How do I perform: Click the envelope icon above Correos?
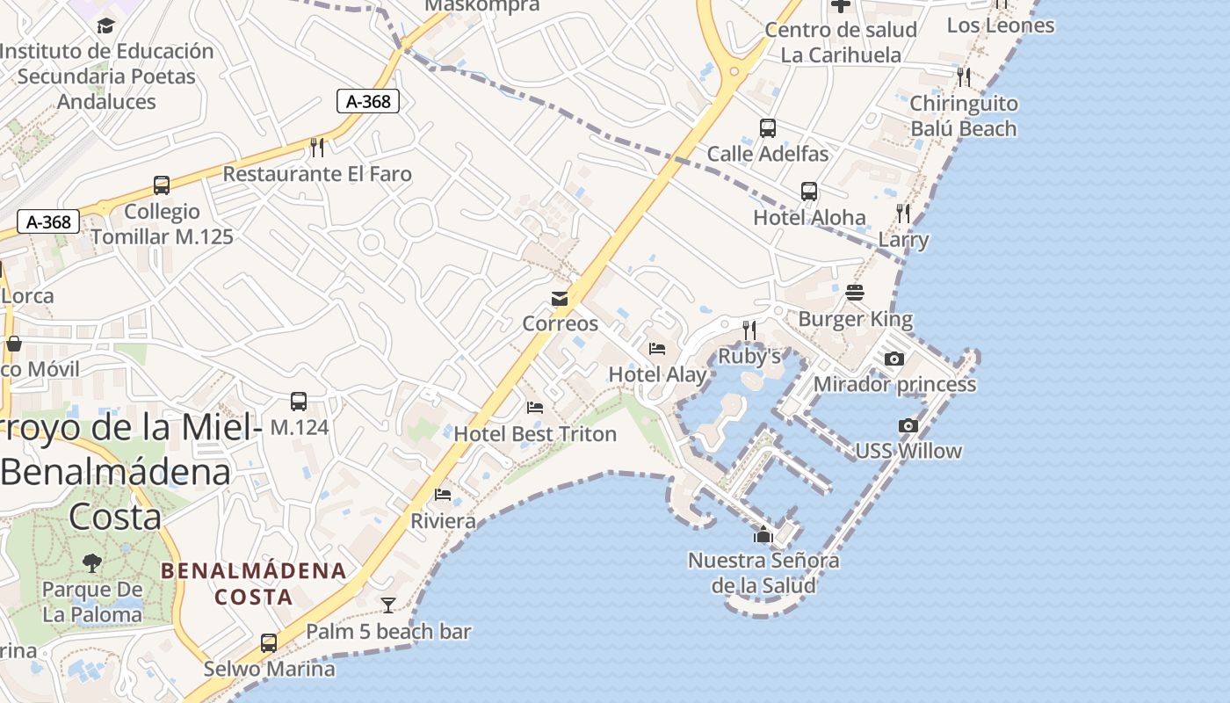(x=560, y=299)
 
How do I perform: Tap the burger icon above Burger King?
(x=855, y=293)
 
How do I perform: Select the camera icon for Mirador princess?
(x=894, y=359)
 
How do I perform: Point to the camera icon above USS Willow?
(x=908, y=425)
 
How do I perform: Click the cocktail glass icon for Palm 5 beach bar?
(x=387, y=605)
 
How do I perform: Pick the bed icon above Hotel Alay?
(x=657, y=349)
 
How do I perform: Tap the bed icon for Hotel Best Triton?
(x=535, y=408)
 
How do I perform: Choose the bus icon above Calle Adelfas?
(x=768, y=128)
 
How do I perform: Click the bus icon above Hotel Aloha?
(x=809, y=192)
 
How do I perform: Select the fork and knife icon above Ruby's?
(x=749, y=330)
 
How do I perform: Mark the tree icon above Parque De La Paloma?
(x=91, y=562)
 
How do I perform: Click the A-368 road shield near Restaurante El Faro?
(x=368, y=101)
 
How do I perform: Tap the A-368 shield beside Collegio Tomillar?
(x=48, y=221)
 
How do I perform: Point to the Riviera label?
(x=444, y=521)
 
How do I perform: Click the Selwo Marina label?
(x=270, y=669)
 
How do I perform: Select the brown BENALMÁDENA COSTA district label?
(x=254, y=583)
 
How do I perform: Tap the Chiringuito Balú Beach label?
(x=963, y=116)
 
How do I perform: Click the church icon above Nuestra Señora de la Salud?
(x=763, y=534)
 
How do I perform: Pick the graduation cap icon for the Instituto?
(x=106, y=25)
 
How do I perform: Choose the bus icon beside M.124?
(x=299, y=402)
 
